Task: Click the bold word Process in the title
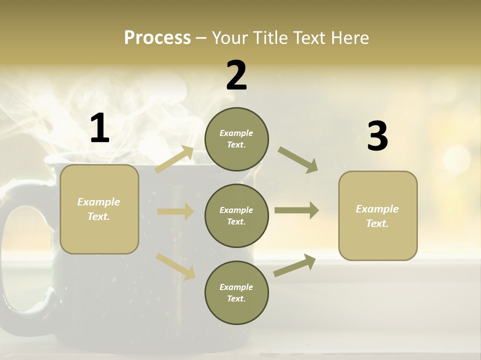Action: (x=157, y=37)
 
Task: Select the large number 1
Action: (x=100, y=128)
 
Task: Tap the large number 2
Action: (x=236, y=75)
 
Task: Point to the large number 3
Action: (x=377, y=136)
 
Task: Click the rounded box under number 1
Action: (x=99, y=209)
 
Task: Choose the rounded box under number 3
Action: (x=378, y=215)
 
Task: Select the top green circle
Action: (x=236, y=139)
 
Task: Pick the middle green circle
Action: (x=236, y=215)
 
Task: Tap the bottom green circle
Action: (x=236, y=292)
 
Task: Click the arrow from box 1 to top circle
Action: (x=175, y=159)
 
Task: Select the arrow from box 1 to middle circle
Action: (x=175, y=211)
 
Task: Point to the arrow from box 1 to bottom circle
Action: (x=175, y=266)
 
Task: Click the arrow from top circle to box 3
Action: (x=298, y=159)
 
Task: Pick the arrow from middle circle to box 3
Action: (x=297, y=210)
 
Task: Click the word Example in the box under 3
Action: (x=377, y=209)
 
